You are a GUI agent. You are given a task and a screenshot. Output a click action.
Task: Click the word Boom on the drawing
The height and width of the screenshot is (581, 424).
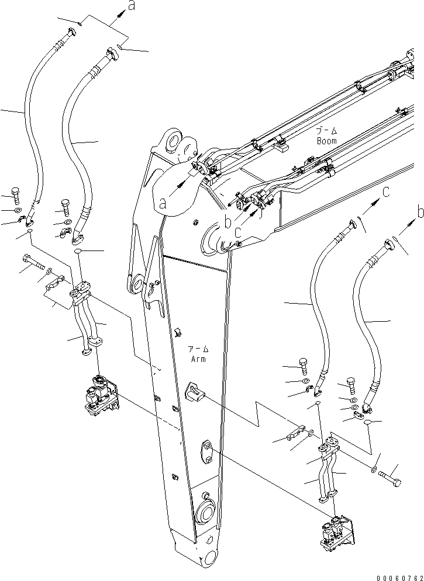[x=326, y=141]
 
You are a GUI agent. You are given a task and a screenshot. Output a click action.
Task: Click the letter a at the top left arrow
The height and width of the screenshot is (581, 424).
[x=132, y=6]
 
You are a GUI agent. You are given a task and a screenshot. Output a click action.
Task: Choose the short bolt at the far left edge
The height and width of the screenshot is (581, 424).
[x=15, y=194]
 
